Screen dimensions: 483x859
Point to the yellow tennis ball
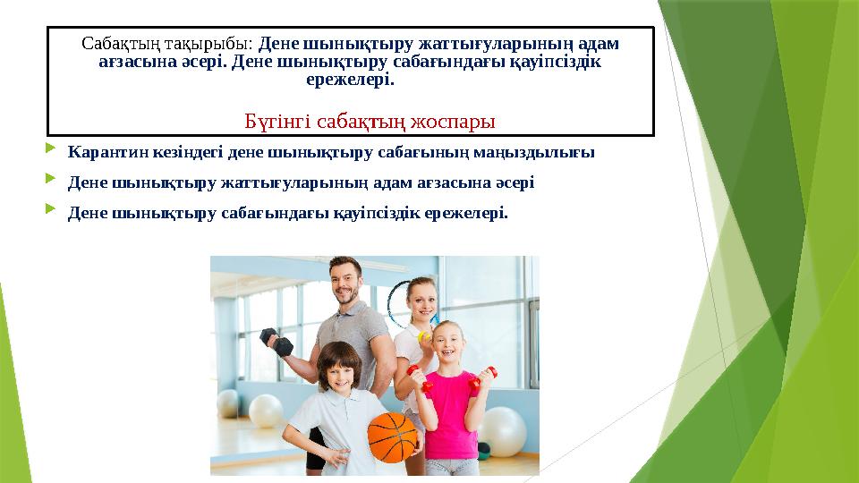(424, 337)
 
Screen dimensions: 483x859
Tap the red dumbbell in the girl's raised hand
(487, 374)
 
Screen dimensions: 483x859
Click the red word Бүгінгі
(274, 120)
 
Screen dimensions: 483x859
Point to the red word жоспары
(457, 120)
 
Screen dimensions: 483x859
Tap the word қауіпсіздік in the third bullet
(374, 213)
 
